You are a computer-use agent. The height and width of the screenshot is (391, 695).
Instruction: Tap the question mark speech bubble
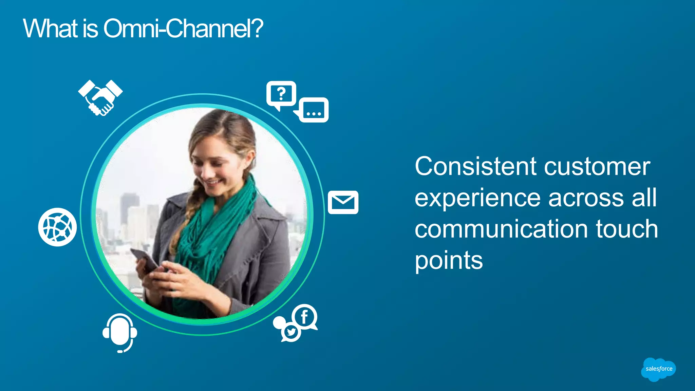pyautogui.click(x=281, y=94)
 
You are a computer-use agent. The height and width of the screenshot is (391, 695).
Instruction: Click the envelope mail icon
pyautogui.click(x=343, y=202)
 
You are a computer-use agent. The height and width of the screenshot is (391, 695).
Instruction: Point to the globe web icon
pyautogui.click(x=57, y=227)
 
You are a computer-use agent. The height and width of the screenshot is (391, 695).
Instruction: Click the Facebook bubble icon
pyautogui.click(x=304, y=317)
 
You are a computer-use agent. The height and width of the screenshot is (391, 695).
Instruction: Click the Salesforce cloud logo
pyautogui.click(x=658, y=369)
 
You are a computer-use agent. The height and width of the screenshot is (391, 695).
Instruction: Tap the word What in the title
pyautogui.click(x=51, y=29)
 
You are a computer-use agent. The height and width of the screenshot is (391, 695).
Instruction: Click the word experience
pyautogui.click(x=477, y=198)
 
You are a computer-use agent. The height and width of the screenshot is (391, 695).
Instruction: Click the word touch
pyautogui.click(x=627, y=229)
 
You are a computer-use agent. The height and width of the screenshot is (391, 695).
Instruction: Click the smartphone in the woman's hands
pyautogui.click(x=144, y=259)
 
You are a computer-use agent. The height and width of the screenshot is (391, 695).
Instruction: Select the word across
pyautogui.click(x=586, y=198)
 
